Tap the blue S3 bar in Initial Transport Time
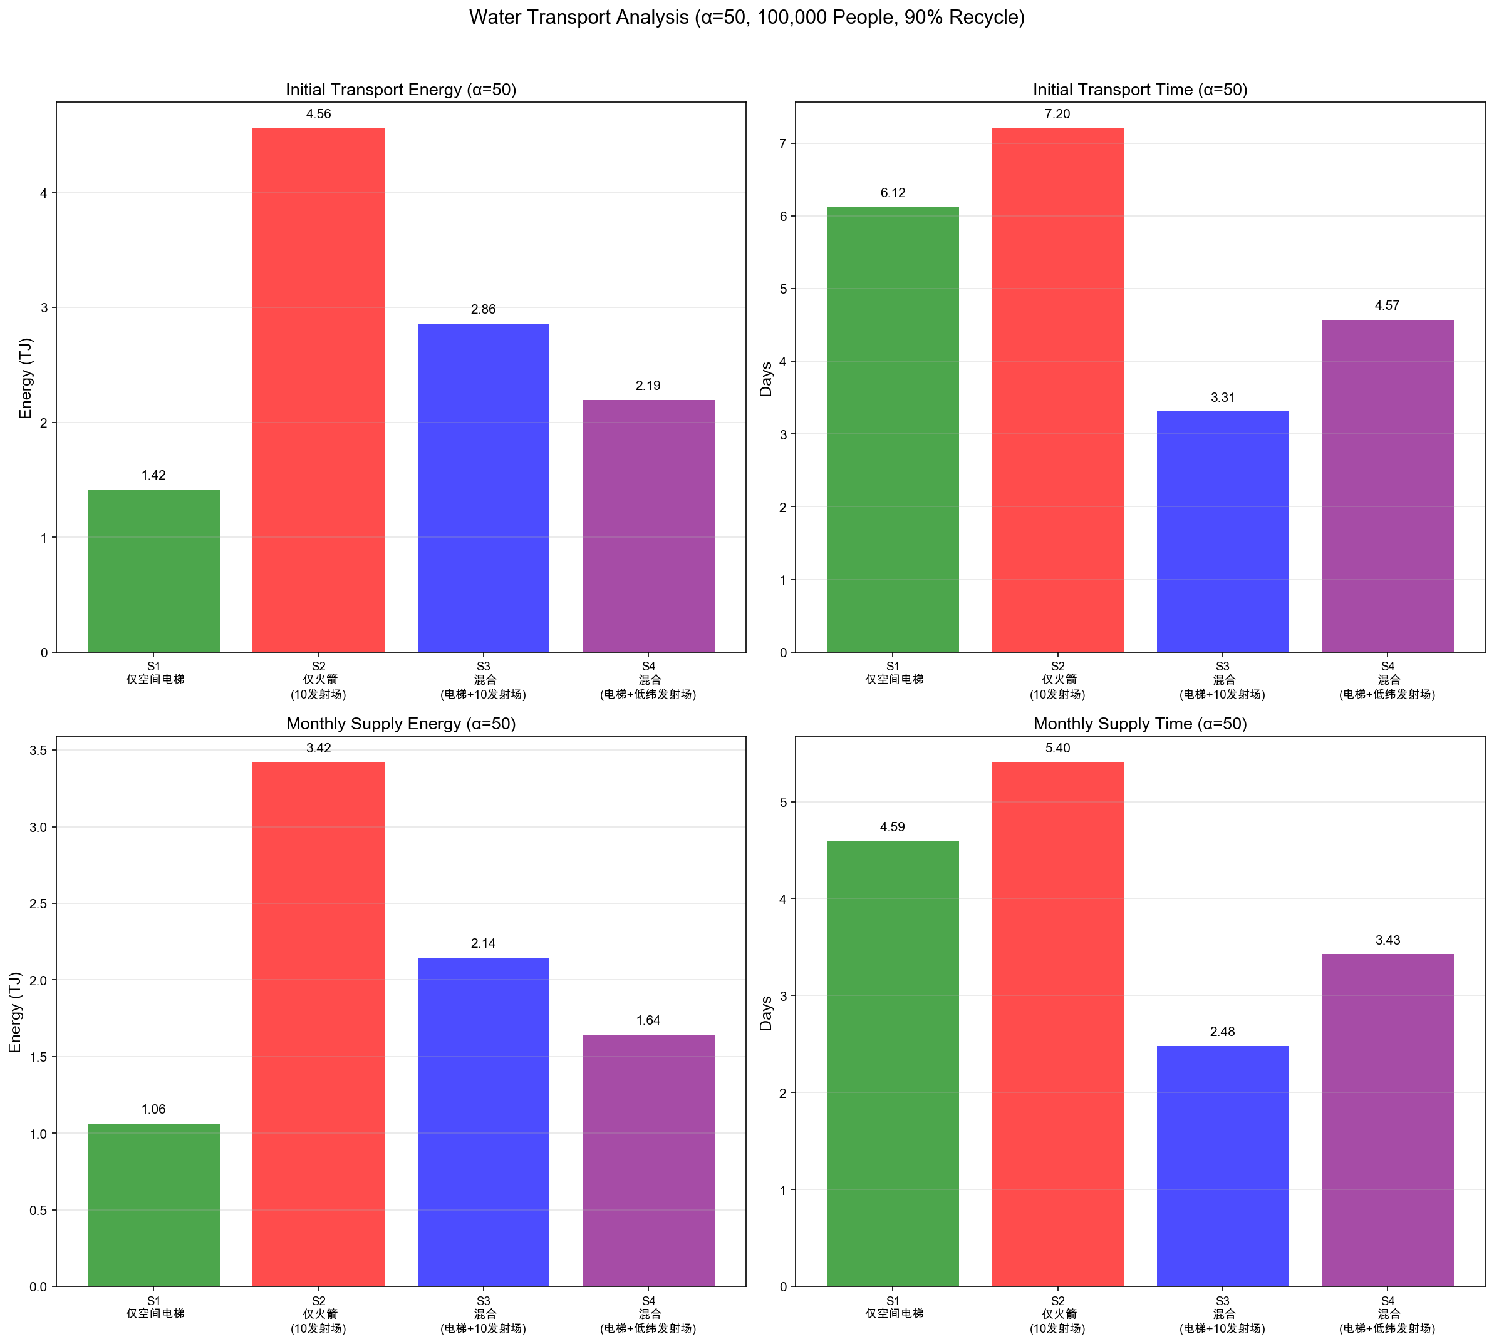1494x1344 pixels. (1222, 531)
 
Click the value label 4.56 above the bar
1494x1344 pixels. (318, 114)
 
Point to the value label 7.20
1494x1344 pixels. (1057, 114)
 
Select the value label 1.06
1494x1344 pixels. (153, 1109)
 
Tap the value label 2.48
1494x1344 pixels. (1222, 1032)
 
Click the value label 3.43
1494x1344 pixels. (1387, 940)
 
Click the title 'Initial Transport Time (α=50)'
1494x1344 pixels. (1140, 90)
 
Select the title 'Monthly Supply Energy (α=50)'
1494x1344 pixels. (401, 724)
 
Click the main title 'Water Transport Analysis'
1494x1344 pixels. (746, 17)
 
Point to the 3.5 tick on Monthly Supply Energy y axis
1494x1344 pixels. (38, 751)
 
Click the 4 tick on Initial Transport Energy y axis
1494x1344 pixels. (44, 193)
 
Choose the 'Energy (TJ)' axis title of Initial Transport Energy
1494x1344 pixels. (26, 377)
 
